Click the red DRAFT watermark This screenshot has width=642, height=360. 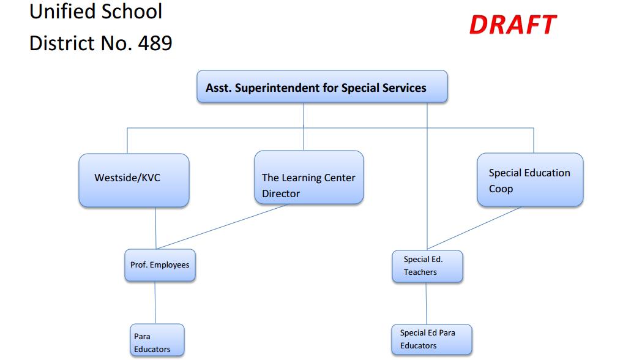tap(513, 24)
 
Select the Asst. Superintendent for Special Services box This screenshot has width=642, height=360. tap(322, 86)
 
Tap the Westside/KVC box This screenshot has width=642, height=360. tap(134, 180)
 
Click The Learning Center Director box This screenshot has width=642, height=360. tap(308, 178)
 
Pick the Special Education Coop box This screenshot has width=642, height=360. tap(530, 180)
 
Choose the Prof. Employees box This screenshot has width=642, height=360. tap(160, 265)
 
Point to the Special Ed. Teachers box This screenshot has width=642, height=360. tap(427, 266)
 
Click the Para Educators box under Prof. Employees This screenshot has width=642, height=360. tap(157, 340)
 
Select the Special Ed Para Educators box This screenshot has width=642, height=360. tap(431, 340)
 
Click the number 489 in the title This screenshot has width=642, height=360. tap(155, 43)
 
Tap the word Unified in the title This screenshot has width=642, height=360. tap(57, 11)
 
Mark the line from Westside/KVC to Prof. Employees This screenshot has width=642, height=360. tap(155, 228)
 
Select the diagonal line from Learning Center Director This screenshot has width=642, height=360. tap(222, 227)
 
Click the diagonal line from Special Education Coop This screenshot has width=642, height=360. tap(474, 228)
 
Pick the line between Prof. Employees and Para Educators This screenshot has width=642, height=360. tap(155, 302)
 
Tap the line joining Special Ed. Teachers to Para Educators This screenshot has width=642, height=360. tap(426, 304)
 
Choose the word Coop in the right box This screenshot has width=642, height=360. tap(501, 189)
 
